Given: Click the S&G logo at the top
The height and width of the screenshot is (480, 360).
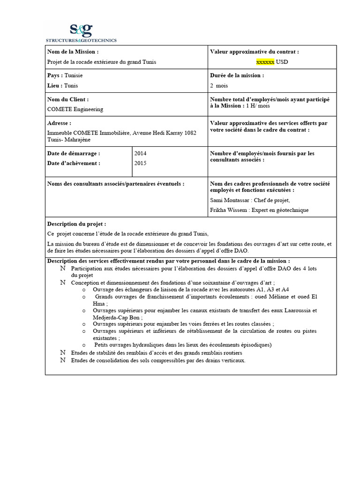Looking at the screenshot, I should tap(81, 32).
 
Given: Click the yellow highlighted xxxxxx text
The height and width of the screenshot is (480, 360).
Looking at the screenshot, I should tap(265, 62).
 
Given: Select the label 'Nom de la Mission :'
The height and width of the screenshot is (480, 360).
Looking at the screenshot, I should tap(73, 52).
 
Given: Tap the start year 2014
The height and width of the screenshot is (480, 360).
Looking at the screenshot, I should tap(141, 153).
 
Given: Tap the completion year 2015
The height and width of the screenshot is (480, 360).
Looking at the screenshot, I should tap(141, 163).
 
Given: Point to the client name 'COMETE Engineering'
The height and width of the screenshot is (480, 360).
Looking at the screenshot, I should tap(75, 109).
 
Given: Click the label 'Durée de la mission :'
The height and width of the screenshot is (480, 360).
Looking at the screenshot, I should tap(237, 75).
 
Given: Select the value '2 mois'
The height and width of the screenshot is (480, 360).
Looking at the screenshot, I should tap(218, 86).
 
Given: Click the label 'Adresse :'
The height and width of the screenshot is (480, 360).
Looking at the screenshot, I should tap(60, 123).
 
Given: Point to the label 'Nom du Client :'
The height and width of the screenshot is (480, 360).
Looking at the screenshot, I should tap(68, 99).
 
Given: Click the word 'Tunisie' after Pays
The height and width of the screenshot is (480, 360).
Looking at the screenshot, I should tap(74, 75).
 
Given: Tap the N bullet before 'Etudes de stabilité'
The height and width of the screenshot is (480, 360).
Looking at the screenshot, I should tap(62, 352).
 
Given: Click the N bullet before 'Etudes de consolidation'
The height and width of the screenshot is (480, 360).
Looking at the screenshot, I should tap(62, 360).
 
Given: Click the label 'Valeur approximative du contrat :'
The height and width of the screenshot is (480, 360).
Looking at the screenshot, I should tap(255, 52).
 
